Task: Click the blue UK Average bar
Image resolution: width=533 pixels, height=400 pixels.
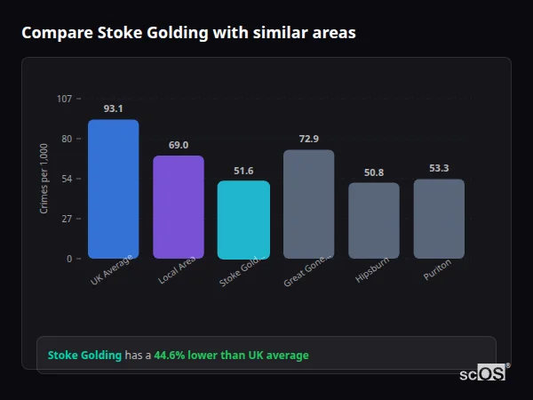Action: (x=113, y=189)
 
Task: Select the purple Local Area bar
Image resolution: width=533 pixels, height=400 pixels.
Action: (x=179, y=207)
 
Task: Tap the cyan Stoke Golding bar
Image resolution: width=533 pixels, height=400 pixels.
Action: (x=243, y=220)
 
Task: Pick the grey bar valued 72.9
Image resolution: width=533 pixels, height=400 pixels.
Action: (x=308, y=204)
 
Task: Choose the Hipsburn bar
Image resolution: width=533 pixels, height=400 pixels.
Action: (x=374, y=220)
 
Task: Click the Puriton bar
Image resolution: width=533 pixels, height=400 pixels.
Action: (x=439, y=219)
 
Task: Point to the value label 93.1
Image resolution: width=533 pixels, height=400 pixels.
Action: (x=113, y=108)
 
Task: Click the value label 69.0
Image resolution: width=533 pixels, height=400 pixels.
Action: (x=179, y=145)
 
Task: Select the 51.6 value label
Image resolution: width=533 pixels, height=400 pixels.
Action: (x=243, y=171)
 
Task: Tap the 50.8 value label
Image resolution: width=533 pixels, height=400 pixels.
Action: (x=374, y=172)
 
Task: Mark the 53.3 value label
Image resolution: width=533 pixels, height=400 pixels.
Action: (x=439, y=168)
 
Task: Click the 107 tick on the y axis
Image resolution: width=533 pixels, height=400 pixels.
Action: (x=64, y=99)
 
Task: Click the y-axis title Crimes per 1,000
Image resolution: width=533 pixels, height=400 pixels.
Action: (x=44, y=179)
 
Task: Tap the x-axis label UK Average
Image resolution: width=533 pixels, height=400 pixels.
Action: (x=112, y=270)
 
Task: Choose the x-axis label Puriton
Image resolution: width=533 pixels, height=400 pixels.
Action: (x=438, y=269)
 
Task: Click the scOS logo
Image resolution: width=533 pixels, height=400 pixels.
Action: (x=483, y=373)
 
